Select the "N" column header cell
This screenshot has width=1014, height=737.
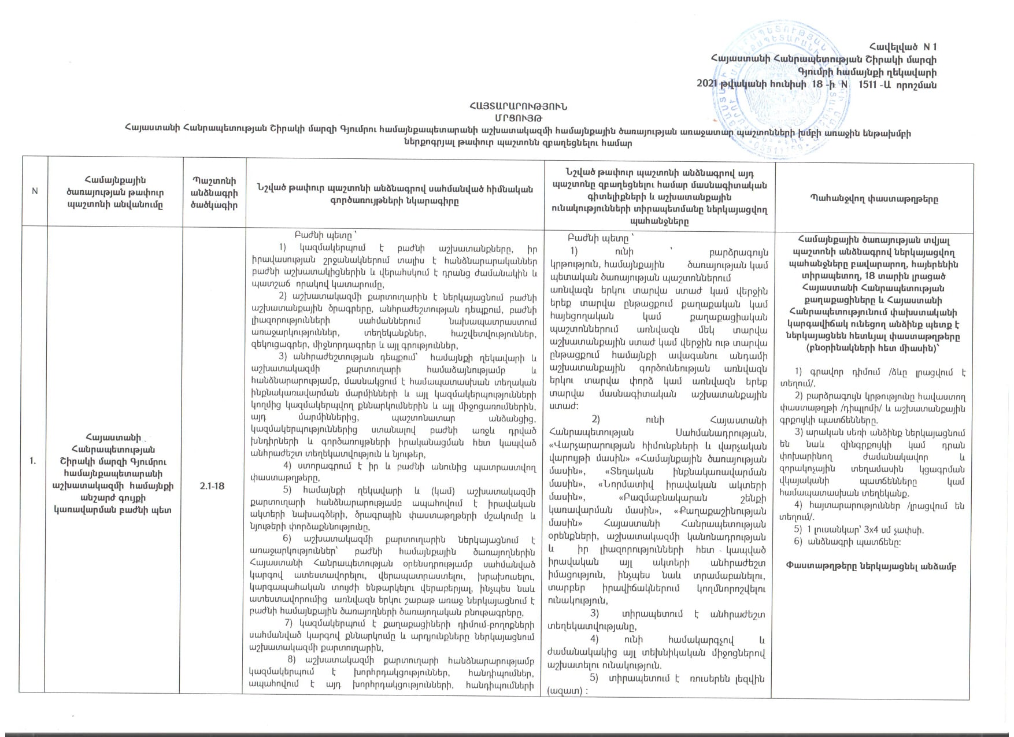pos(34,191)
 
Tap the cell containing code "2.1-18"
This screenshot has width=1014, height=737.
pos(212,486)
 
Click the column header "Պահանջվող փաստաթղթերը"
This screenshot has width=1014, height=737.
pos(873,199)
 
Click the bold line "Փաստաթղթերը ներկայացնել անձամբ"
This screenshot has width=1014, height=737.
pos(872,566)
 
